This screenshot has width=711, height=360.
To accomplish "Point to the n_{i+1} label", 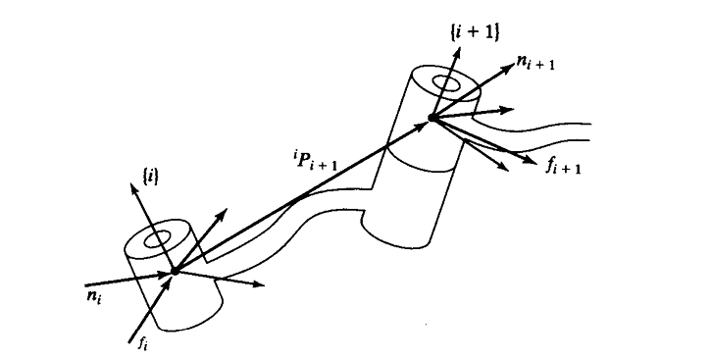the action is pos(542,69).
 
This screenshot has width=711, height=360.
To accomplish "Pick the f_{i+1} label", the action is pos(564,165).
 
